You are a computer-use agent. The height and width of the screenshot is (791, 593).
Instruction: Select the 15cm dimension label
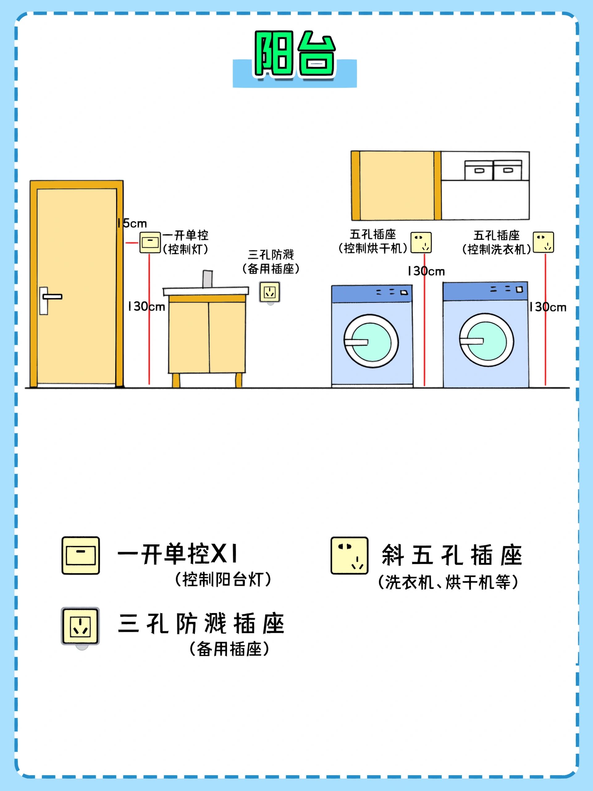(x=132, y=223)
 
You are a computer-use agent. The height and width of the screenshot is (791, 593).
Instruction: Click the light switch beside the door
(x=150, y=243)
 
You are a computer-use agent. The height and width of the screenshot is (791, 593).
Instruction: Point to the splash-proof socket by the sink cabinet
(x=270, y=292)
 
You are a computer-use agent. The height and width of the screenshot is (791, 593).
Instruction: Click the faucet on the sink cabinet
(x=207, y=279)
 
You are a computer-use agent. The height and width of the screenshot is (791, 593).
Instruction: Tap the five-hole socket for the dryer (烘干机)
(x=421, y=243)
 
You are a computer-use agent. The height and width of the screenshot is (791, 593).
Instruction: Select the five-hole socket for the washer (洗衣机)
(x=543, y=242)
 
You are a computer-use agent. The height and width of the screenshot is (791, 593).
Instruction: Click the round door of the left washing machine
(x=371, y=341)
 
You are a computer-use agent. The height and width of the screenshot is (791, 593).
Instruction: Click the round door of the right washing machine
(x=486, y=340)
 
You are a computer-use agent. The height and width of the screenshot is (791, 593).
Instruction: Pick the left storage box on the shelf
(x=479, y=170)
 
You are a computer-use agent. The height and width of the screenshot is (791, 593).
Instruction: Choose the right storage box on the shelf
(x=507, y=170)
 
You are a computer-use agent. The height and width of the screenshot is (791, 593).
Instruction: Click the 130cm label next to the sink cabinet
(x=147, y=307)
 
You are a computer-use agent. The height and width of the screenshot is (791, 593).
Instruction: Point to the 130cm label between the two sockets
(x=426, y=271)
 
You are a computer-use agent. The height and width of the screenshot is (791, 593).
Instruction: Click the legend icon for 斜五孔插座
(x=349, y=555)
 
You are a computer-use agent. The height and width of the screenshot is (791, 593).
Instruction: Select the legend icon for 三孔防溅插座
(x=80, y=626)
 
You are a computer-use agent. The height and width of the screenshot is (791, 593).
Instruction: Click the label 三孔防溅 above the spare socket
(x=271, y=255)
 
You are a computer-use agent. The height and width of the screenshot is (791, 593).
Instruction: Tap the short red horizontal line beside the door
(x=132, y=243)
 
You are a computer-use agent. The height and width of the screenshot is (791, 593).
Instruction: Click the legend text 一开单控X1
(x=178, y=554)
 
